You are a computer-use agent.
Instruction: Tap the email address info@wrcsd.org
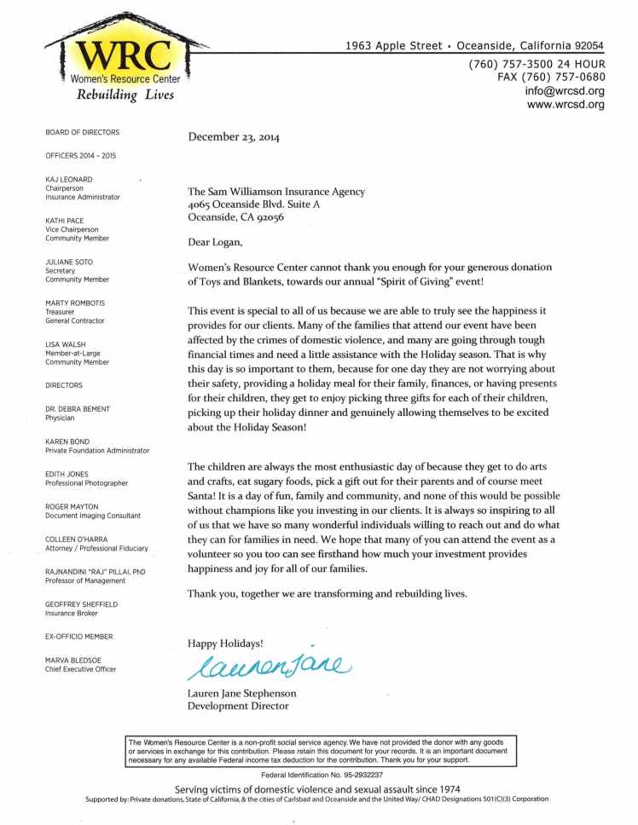pos(565,91)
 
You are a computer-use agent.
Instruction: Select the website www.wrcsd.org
pos(565,105)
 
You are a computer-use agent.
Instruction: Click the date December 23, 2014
pos(233,136)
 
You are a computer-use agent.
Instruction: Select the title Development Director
pos(238,706)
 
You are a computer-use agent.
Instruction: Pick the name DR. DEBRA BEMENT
pos(78,409)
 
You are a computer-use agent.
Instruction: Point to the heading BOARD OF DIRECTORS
pos(82,132)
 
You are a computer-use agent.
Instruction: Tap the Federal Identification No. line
pos(322,775)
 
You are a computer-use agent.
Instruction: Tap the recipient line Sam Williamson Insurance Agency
pos(275,192)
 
